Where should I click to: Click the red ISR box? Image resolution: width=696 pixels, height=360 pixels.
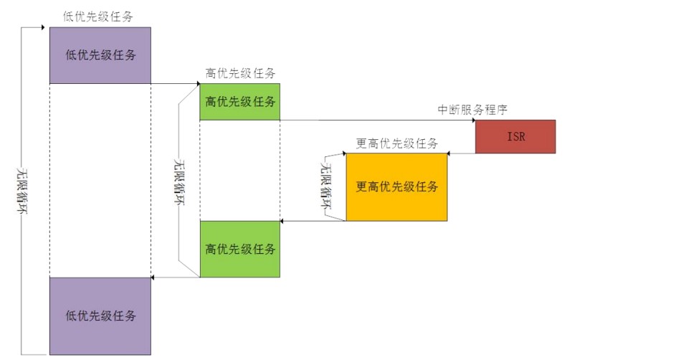(x=515, y=136)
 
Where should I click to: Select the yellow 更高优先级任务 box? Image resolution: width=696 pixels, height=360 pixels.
(x=396, y=187)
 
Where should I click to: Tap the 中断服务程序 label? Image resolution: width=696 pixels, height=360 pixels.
(x=474, y=110)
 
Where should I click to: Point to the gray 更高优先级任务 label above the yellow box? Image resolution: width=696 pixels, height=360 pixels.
(x=396, y=143)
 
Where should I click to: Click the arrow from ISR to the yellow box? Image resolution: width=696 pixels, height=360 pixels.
(x=462, y=153)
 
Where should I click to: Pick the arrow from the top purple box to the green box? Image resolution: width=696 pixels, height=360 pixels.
(x=176, y=84)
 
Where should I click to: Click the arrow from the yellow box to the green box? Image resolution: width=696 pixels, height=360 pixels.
(x=313, y=221)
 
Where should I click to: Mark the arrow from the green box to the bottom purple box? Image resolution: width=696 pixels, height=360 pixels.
(x=176, y=277)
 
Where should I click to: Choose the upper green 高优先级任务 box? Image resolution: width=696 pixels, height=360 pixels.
(x=239, y=101)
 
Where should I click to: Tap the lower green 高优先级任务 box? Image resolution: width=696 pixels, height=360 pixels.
(x=239, y=249)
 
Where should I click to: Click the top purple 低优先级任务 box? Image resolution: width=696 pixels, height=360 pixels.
(x=100, y=55)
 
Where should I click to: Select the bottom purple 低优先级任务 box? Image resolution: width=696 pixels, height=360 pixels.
(x=100, y=316)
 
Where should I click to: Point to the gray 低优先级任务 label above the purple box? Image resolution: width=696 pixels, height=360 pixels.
(x=97, y=16)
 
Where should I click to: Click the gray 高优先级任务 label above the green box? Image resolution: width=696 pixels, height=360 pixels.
(x=239, y=73)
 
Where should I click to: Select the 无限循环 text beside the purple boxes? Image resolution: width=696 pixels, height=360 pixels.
(x=22, y=191)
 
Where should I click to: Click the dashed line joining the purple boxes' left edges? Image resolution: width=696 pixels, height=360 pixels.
(x=49, y=179)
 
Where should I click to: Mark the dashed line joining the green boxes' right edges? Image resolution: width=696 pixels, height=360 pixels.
(x=280, y=170)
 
